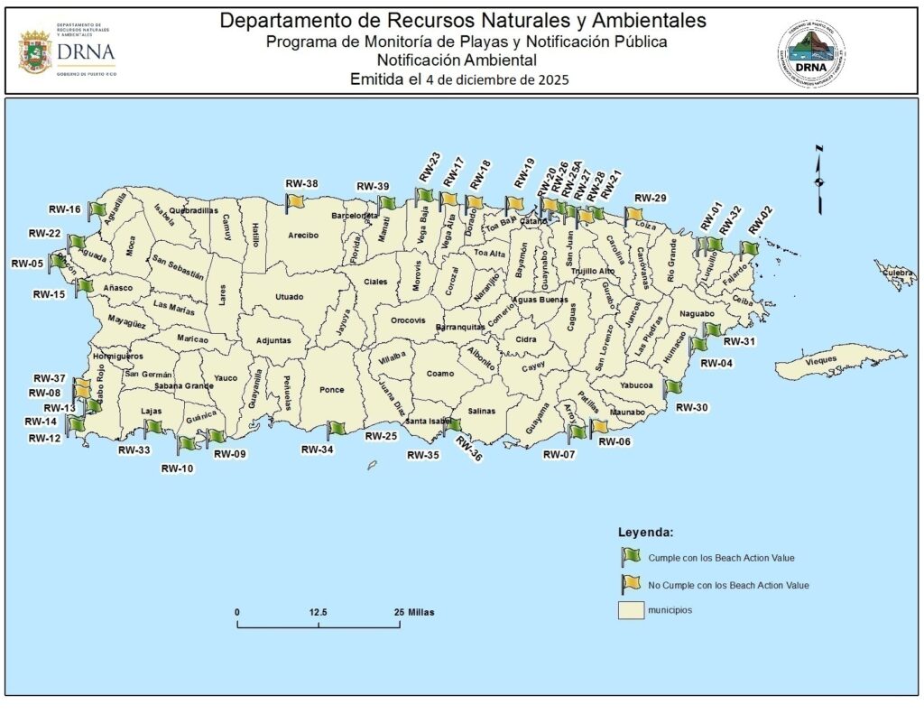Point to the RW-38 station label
click(301, 184)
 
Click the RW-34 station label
click(318, 449)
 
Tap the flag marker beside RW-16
click(97, 209)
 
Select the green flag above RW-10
click(187, 443)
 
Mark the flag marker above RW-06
click(598, 428)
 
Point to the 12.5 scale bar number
click(318, 612)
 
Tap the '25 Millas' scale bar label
click(413, 612)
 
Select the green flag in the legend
click(630, 556)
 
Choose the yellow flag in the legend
click(630, 584)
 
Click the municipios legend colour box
click(630, 611)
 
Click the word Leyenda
click(645, 531)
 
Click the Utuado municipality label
click(290, 296)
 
